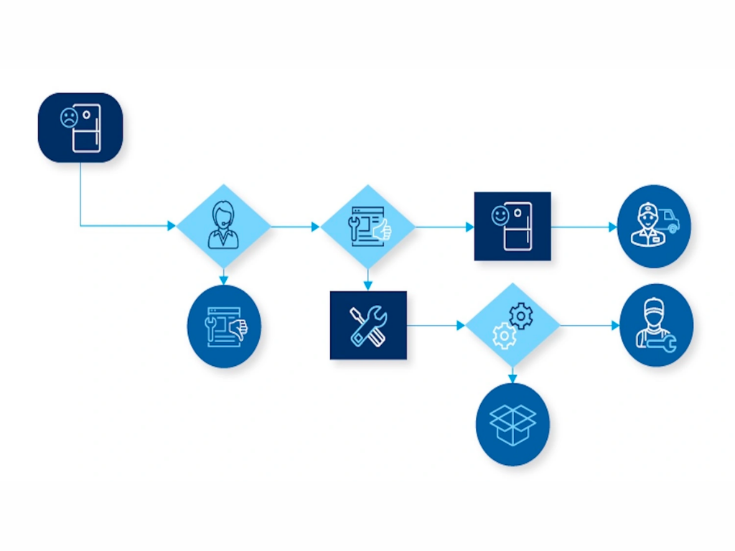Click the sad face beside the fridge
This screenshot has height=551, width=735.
coord(68,118)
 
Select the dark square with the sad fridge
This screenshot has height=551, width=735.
coord(80,127)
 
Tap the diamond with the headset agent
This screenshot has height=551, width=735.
coord(223,226)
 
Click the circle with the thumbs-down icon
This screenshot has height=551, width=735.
coord(224,326)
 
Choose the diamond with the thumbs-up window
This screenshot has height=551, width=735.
coord(367,226)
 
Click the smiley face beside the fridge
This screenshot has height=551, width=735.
coord(500,215)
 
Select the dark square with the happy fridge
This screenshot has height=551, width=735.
coord(512,226)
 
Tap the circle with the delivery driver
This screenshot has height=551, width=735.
coord(654,226)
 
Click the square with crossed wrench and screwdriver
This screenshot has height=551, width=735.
coord(368,325)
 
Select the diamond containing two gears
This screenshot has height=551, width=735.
coord(512,325)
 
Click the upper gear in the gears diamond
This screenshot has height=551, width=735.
coord(521,316)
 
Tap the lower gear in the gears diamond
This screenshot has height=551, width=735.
coord(505,335)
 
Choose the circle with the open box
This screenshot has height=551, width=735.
coord(512,424)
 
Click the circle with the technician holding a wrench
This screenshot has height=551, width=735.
coord(656,325)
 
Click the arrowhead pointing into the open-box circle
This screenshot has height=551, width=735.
coord(512,378)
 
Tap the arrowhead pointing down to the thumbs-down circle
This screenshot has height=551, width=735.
coord(224,280)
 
